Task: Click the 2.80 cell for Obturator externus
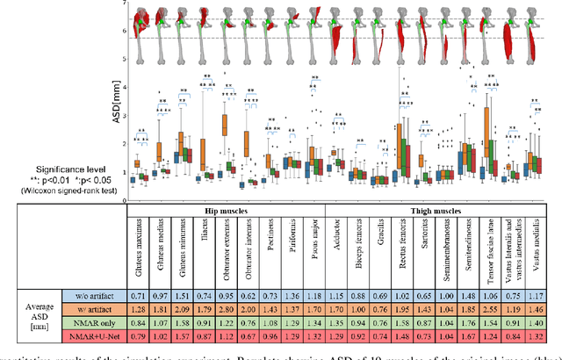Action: click(x=226, y=312)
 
